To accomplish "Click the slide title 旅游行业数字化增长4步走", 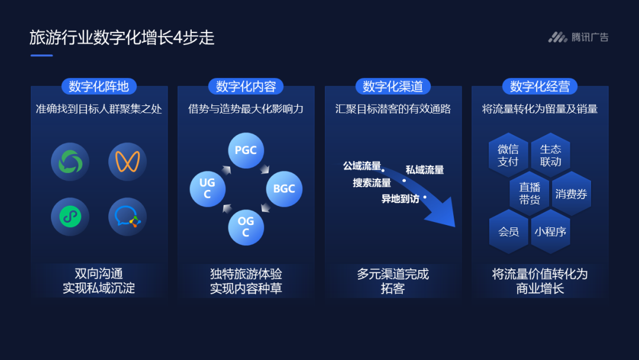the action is pyautogui.click(x=122, y=38).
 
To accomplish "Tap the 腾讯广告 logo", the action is pyautogui.click(x=578, y=37).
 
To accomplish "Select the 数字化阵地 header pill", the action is pyautogui.click(x=99, y=86).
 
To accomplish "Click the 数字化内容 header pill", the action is pyautogui.click(x=246, y=86).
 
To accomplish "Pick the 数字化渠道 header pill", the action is pyautogui.click(x=393, y=86).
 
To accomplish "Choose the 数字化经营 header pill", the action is pyautogui.click(x=540, y=86).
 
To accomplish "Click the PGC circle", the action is pyautogui.click(x=246, y=150).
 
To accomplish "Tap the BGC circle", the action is pyautogui.click(x=284, y=189).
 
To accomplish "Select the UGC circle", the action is pyautogui.click(x=208, y=189).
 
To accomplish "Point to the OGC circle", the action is pyautogui.click(x=246, y=227).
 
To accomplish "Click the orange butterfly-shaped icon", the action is pyautogui.click(x=128, y=162).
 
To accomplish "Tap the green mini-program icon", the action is pyautogui.click(x=70, y=217).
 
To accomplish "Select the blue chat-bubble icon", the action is pyautogui.click(x=128, y=217).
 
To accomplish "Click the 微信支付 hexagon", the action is pyautogui.click(x=508, y=155).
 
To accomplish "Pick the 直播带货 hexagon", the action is pyautogui.click(x=530, y=194).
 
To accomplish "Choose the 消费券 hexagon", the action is pyautogui.click(x=572, y=194).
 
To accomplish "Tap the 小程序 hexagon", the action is pyautogui.click(x=551, y=232).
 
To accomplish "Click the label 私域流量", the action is pyautogui.click(x=425, y=170).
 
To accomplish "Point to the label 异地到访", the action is pyautogui.click(x=400, y=199).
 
